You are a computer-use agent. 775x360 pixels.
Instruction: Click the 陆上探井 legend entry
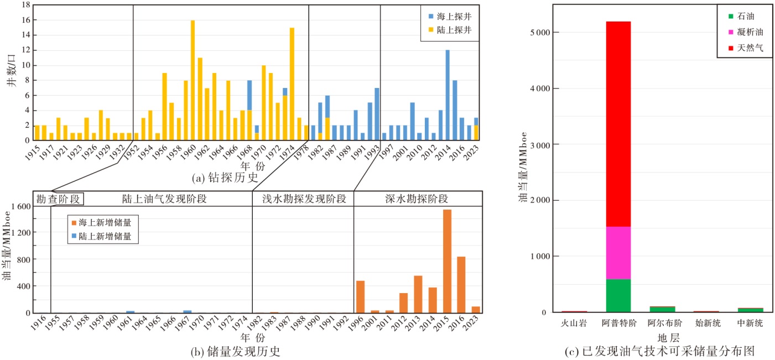click(x=450, y=30)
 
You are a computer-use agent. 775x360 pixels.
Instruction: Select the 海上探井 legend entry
click(x=450, y=16)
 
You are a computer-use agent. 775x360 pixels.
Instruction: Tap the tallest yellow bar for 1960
click(x=193, y=80)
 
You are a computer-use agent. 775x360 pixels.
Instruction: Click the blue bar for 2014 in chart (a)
click(x=448, y=95)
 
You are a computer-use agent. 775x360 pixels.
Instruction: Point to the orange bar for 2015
click(x=447, y=261)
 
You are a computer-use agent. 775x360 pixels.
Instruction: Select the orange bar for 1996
click(x=360, y=297)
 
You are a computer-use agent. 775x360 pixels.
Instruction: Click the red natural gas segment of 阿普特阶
click(x=618, y=124)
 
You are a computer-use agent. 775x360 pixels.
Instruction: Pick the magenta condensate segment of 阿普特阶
click(x=618, y=253)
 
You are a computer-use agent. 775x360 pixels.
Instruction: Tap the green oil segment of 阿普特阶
click(x=618, y=296)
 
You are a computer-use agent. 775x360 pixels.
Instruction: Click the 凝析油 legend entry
click(x=746, y=32)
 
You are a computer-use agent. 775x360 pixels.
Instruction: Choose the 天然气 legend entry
click(x=746, y=48)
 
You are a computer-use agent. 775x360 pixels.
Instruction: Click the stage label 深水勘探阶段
click(x=417, y=199)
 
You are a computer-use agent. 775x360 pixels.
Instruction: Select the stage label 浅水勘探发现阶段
click(x=304, y=199)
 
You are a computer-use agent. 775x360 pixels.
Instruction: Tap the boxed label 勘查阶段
click(x=58, y=199)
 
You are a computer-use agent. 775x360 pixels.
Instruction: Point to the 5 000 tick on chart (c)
click(x=540, y=33)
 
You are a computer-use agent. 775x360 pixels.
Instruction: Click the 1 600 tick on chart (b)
click(x=21, y=206)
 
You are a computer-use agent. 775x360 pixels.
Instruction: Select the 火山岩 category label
click(x=574, y=324)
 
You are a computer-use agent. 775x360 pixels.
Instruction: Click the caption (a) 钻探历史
click(x=225, y=178)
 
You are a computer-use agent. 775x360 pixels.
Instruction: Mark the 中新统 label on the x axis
click(x=750, y=324)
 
